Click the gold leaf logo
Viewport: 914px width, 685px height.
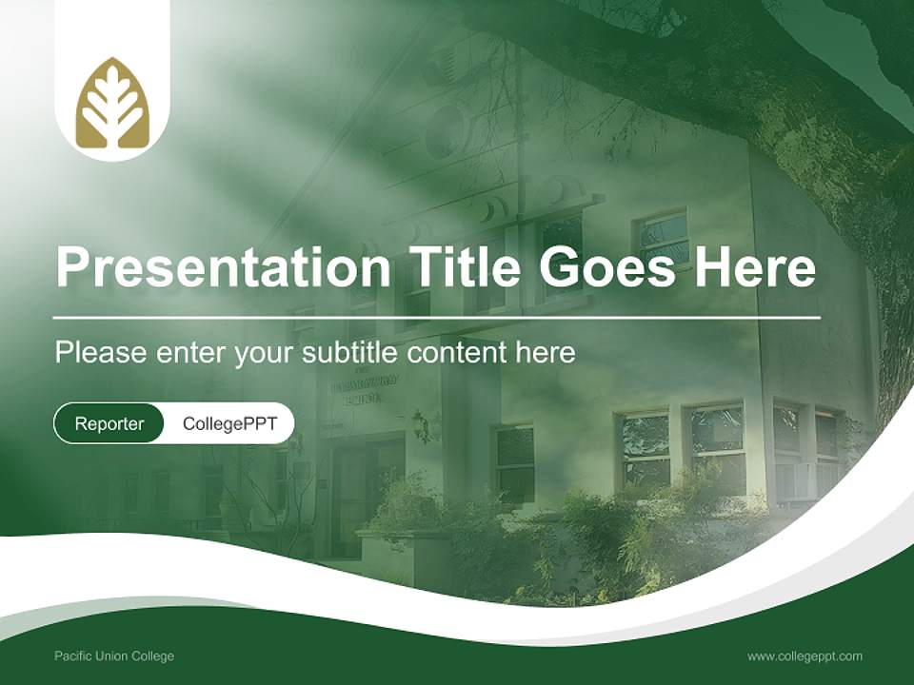coord(112,104)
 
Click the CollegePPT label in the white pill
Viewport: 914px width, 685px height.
coord(229,423)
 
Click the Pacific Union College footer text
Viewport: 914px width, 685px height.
coord(114,656)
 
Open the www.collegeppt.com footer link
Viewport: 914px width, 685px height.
coord(805,656)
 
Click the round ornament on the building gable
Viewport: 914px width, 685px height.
coord(444,128)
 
